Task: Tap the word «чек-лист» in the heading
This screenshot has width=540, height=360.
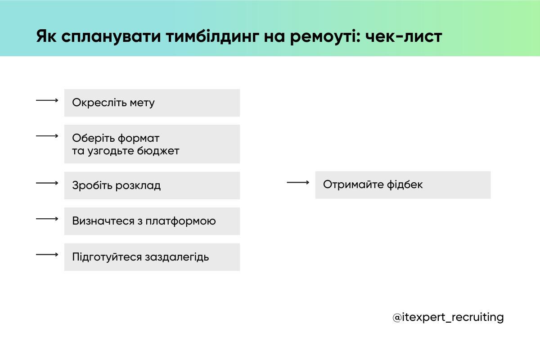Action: [404, 37]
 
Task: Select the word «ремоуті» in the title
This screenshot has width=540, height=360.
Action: [324, 37]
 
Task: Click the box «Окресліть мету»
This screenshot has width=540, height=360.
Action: [152, 103]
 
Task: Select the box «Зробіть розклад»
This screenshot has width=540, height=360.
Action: [152, 185]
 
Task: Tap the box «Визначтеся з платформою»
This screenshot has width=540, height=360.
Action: [152, 221]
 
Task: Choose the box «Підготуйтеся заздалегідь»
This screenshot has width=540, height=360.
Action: [152, 257]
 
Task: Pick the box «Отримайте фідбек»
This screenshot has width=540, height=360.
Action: [403, 184]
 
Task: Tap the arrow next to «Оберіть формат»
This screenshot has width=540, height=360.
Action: [47, 135]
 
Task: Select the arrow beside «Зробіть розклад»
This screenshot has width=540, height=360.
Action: [47, 183]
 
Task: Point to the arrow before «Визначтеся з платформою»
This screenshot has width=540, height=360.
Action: [47, 219]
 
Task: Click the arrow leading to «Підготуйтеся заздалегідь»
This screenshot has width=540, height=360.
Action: [47, 255]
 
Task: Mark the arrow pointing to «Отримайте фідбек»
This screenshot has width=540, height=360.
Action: [298, 182]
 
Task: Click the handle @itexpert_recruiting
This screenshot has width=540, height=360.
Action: [448, 317]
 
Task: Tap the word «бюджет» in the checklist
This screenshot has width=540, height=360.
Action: [160, 151]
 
